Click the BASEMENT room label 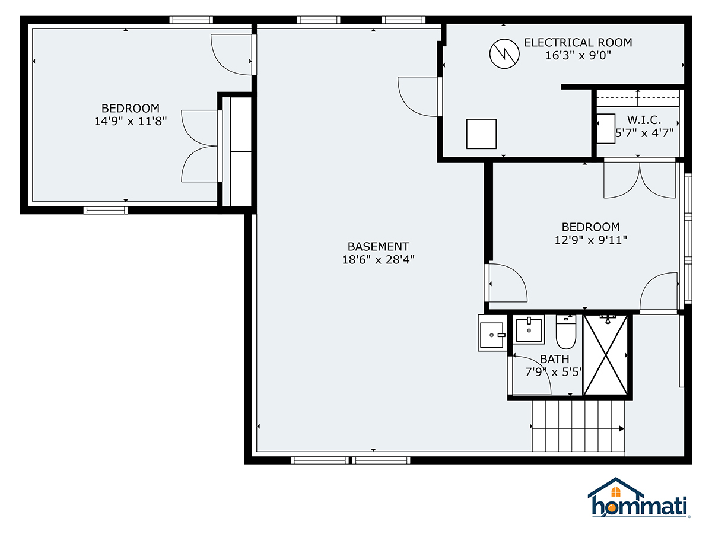[x=378, y=246]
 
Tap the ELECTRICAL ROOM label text [x=578, y=43]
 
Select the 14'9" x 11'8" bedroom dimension [x=131, y=121]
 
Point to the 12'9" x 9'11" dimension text [x=590, y=240]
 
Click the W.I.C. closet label [x=644, y=120]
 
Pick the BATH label [x=554, y=359]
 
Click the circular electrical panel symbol [x=504, y=54]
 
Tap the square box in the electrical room [x=481, y=133]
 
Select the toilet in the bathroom [x=565, y=333]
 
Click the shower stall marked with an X [x=605, y=355]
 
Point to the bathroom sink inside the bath [x=529, y=329]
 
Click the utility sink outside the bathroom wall [x=492, y=333]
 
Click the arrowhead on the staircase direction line [x=621, y=428]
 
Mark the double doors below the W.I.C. [x=640, y=179]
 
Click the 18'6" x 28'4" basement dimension [x=378, y=259]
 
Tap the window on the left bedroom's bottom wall [x=106, y=210]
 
